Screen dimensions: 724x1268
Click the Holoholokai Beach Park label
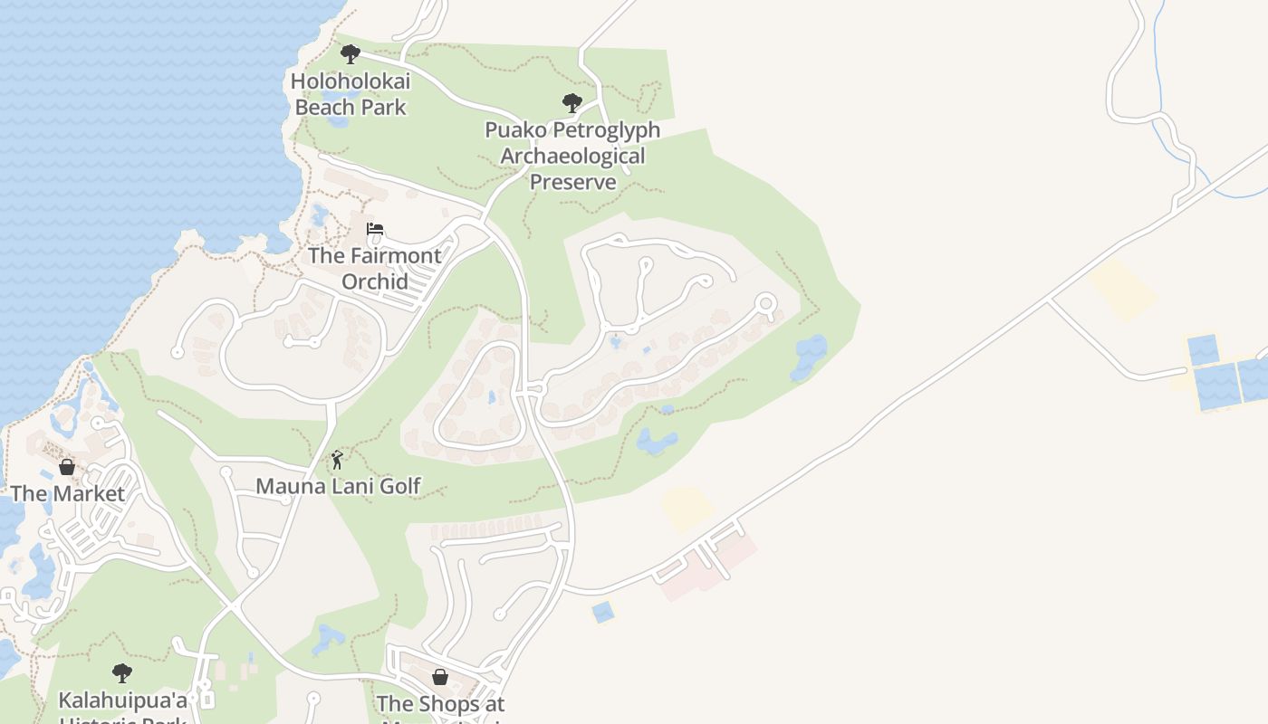pos(351,94)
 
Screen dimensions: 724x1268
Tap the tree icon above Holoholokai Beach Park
pos(351,54)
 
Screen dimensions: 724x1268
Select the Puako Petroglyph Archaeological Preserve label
pos(572,156)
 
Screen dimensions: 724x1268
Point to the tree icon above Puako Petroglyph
pos(572,102)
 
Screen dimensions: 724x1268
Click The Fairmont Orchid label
pos(375,268)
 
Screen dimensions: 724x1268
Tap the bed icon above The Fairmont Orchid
pos(375,229)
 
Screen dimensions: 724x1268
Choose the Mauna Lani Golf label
pos(338,486)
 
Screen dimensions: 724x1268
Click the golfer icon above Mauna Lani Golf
pos(337,460)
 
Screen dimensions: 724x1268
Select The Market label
pos(67,493)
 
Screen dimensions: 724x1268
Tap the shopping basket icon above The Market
pos(67,467)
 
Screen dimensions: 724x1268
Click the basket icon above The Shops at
pos(440,676)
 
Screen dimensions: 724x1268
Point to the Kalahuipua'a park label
pos(122,706)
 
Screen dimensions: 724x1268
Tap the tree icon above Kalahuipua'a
pos(122,673)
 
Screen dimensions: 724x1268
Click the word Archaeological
pos(572,156)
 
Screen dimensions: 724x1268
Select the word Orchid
pos(375,281)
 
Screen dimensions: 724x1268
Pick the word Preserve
pos(572,181)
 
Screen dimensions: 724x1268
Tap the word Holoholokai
pos(351,81)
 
